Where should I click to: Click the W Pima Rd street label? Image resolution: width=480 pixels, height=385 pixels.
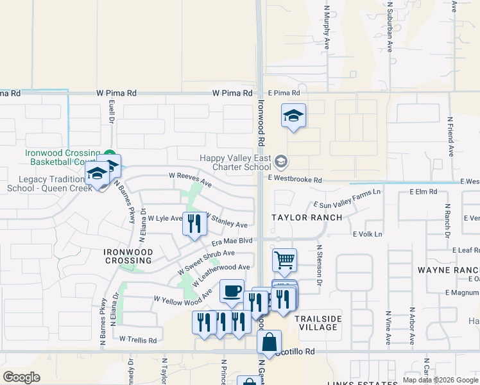[x=116, y=94]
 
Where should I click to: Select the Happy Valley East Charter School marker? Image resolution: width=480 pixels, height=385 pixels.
[x=281, y=160]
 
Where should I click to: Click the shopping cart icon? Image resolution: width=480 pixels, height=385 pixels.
[x=284, y=261]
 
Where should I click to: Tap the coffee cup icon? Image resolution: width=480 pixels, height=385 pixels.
[x=232, y=291]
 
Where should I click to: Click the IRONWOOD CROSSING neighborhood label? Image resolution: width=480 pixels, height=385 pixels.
[x=128, y=256]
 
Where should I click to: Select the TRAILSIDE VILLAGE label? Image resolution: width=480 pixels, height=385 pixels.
[x=318, y=323]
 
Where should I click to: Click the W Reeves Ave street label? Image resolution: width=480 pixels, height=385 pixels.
[x=190, y=179]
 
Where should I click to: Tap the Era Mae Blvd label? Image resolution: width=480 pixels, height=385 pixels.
[x=232, y=241]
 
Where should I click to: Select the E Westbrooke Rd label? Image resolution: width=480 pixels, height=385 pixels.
[x=295, y=180]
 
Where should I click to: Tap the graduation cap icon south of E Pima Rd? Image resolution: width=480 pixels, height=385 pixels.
[x=293, y=116]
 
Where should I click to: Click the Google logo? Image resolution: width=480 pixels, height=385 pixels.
[x=21, y=377]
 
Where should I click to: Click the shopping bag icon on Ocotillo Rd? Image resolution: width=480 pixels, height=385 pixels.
[x=269, y=342]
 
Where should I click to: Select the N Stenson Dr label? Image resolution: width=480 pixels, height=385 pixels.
[x=319, y=261]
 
